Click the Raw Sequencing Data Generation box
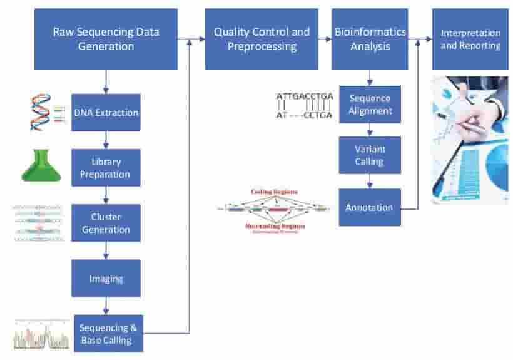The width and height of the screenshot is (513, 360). click(x=106, y=39)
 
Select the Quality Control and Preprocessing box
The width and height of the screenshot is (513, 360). click(x=261, y=39)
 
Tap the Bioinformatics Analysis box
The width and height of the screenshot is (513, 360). click(x=370, y=39)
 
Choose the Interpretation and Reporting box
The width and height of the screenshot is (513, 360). click(x=470, y=39)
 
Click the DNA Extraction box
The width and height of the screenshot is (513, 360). click(x=106, y=113)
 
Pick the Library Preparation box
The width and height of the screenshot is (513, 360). click(x=106, y=168)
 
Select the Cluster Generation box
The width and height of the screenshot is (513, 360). click(x=106, y=224)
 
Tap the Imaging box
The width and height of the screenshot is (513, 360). click(x=106, y=278)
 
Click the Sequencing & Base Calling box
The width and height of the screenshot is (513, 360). click(x=108, y=334)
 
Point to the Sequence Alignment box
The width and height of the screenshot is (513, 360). click(x=370, y=105)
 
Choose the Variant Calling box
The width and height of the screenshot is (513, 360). click(x=370, y=155)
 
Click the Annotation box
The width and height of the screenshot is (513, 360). click(x=370, y=207)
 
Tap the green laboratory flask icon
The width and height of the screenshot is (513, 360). click(x=41, y=165)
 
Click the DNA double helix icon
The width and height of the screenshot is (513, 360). click(x=41, y=112)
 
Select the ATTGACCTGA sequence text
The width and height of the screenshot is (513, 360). click(x=305, y=96)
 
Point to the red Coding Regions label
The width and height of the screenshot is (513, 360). click(x=274, y=192)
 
